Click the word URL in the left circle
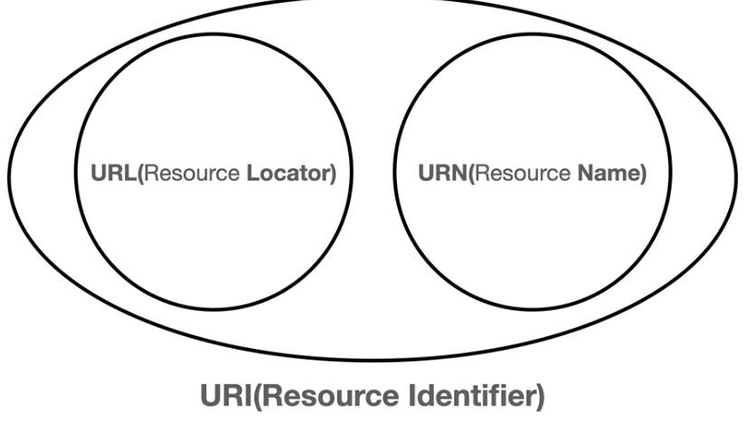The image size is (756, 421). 114,173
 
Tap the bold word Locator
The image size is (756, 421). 288,173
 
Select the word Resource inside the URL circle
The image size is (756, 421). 192,173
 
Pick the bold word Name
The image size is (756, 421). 609,173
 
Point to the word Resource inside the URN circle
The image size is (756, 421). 523,173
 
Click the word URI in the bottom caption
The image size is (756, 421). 226,396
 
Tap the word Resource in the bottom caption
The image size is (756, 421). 331,397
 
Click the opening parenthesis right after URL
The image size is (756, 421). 140,173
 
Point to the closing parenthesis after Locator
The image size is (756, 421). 333,173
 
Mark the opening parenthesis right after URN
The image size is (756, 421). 471,173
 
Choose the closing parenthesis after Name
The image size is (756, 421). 643,173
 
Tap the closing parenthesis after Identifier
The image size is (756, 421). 540,397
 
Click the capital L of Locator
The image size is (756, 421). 253,173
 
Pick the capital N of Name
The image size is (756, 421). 586,173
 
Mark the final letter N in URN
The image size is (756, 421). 460,173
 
